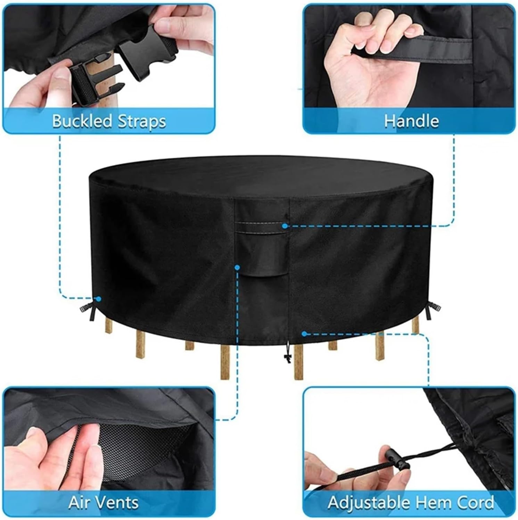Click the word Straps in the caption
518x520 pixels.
point(141,122)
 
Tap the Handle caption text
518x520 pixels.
point(411,121)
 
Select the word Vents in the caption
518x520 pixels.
point(118,502)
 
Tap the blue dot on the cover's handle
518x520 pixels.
point(285,226)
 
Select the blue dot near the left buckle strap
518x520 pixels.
point(98,299)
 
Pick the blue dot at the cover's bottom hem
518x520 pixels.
point(304,334)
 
